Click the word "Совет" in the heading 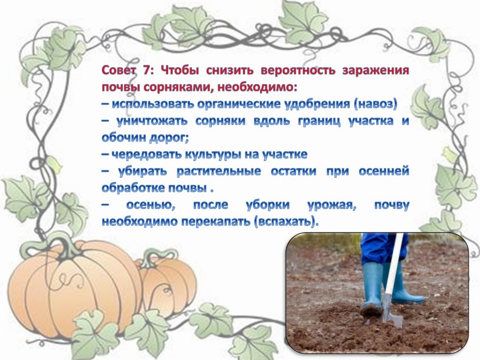pos(119,70)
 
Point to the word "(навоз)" pos(375,104)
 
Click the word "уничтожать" pos(152,121)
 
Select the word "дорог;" pos(169,138)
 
